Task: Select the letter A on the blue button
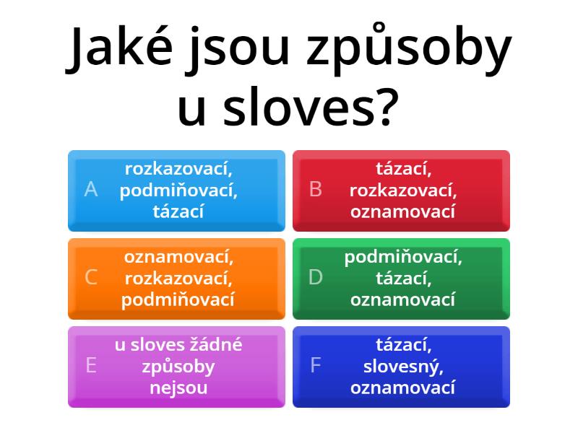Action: click(91, 189)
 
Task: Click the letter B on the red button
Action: click(316, 189)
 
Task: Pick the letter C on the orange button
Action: click(91, 277)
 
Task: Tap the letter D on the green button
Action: click(316, 277)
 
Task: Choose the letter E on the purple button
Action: click(91, 365)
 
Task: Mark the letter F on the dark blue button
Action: click(316, 365)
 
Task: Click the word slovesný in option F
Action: click(402, 367)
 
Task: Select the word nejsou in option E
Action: click(178, 388)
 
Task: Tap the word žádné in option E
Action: click(213, 345)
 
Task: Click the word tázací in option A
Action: click(178, 211)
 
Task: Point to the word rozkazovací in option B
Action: click(403, 191)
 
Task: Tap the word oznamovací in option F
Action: click(403, 388)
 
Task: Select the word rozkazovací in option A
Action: click(178, 169)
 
